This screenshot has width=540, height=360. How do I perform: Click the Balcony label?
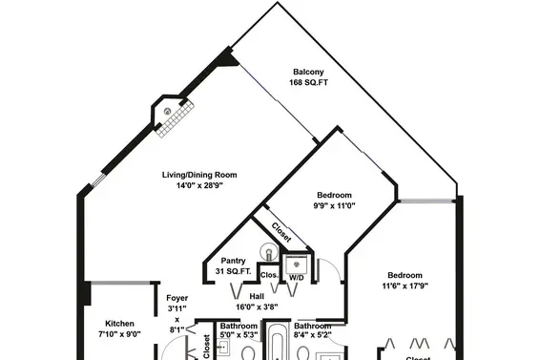tap(308, 72)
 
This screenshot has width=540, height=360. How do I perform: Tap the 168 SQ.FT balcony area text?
tap(308, 83)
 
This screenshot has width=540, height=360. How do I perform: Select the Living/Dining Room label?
tap(199, 175)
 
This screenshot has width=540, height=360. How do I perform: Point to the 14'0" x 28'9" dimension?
tap(199, 185)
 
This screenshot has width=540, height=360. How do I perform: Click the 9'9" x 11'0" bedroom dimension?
tap(334, 206)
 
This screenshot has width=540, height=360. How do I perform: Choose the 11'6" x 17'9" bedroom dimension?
tap(405, 286)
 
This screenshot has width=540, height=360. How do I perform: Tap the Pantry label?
tap(233, 261)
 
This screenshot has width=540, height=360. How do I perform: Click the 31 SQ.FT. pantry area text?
tap(233, 271)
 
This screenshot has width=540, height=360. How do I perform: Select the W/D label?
tap(296, 278)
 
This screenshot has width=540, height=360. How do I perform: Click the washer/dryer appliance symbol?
tap(296, 265)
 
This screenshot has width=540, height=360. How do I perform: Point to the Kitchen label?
tap(119, 324)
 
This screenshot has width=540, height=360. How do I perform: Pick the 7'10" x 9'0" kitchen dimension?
tap(119, 334)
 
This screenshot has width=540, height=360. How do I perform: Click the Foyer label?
tap(177, 298)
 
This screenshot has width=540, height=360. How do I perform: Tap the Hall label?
tap(257, 297)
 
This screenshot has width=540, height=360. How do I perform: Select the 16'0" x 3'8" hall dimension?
tap(257, 307)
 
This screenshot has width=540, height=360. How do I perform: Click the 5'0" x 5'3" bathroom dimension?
tap(239, 334)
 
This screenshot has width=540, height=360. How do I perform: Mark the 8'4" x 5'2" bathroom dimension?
tap(313, 334)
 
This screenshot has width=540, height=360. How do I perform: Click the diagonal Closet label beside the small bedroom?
tap(281, 232)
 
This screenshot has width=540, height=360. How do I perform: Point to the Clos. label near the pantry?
tap(269, 275)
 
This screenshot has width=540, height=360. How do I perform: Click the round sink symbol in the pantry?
tap(269, 251)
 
